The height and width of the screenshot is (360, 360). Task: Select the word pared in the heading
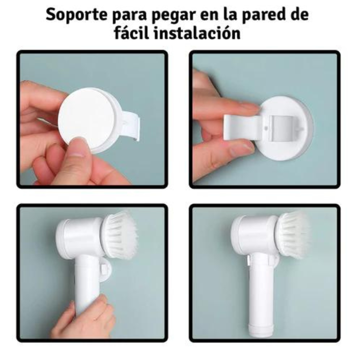pyautogui.click(x=262, y=15)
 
